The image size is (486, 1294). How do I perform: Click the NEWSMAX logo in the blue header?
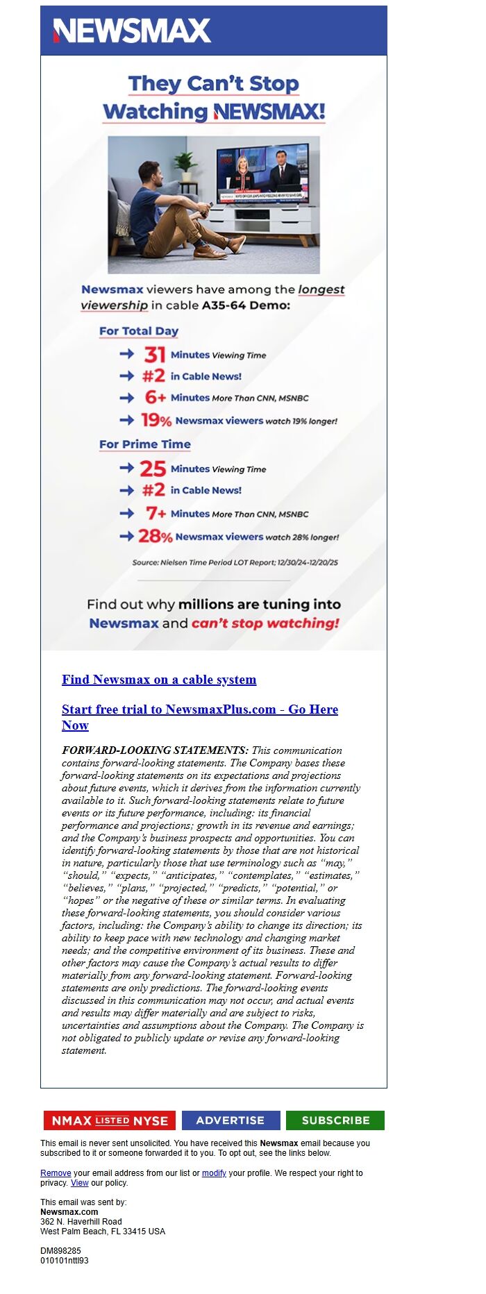point(132,31)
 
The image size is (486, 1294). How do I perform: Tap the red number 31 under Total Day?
point(154,355)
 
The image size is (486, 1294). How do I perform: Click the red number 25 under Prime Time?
point(153,469)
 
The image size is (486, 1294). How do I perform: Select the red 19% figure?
point(156,421)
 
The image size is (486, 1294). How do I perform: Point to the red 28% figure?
point(155,537)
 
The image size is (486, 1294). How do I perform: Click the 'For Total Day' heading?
point(139,331)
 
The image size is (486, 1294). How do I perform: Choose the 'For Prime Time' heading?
point(144,444)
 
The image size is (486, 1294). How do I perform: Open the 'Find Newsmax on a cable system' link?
point(159,680)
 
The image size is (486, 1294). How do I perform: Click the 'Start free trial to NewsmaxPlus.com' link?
point(199,709)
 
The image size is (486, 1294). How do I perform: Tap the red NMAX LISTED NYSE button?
point(110,1120)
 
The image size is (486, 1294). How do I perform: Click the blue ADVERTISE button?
point(231,1120)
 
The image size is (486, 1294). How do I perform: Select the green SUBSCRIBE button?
point(335,1120)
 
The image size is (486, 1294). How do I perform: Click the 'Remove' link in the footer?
point(56,1173)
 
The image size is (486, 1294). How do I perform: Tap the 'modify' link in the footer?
point(214,1173)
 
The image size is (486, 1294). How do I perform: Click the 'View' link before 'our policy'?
point(80,1183)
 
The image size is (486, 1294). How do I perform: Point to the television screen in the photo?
point(263,174)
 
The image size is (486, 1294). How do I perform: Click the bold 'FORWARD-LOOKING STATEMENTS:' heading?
point(155,750)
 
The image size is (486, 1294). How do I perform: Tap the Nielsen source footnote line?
point(235,562)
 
